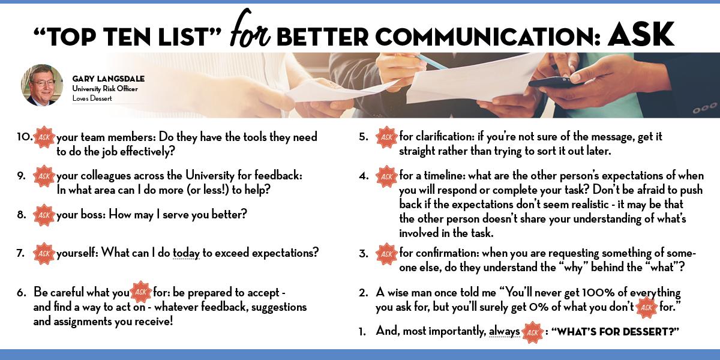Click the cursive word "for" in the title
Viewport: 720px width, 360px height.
[x=250, y=29]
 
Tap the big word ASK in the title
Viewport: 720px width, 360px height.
[x=640, y=34]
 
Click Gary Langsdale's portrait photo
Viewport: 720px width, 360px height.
[x=42, y=85]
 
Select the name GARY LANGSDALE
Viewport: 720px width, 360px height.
[x=109, y=79]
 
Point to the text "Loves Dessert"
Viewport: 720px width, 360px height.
[x=92, y=98]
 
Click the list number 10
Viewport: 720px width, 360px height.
[x=25, y=137]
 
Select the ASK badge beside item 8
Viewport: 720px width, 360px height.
[x=44, y=215]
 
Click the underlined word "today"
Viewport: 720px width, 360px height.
[x=186, y=253]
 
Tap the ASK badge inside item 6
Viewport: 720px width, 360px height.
[x=141, y=292]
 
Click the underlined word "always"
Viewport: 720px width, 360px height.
[x=504, y=331]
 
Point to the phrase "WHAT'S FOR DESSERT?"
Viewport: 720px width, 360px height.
[x=615, y=331]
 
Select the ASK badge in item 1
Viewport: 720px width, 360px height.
[x=533, y=332]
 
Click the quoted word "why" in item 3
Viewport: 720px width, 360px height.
[x=573, y=268]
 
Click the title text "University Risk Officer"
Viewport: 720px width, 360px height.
[x=105, y=89]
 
